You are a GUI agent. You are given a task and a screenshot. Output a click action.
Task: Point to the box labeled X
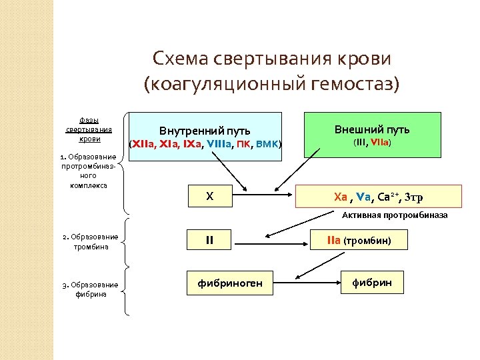[x=210, y=197]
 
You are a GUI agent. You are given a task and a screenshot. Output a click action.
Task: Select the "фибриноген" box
[x=229, y=283]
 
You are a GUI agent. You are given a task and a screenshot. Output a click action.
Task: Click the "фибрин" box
[x=371, y=283]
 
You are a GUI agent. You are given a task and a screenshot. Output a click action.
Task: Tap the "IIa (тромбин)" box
[x=359, y=239]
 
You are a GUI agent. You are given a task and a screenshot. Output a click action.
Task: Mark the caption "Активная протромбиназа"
[x=395, y=216]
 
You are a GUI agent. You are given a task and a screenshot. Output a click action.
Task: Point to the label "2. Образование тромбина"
[x=90, y=241]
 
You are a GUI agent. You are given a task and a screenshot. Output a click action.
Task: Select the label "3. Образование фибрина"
[x=90, y=289]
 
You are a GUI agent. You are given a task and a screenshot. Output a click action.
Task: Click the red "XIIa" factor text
[x=144, y=143]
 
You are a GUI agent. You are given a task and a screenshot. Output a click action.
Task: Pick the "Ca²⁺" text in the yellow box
[x=387, y=197]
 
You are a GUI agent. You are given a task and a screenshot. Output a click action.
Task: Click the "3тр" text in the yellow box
[x=413, y=197]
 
